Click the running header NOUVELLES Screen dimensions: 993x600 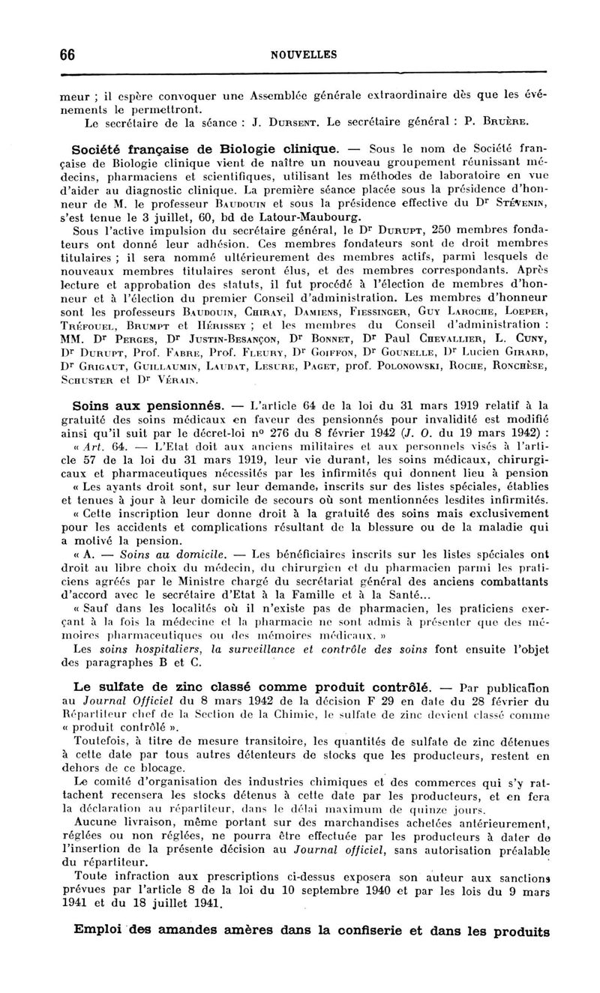click(304, 55)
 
